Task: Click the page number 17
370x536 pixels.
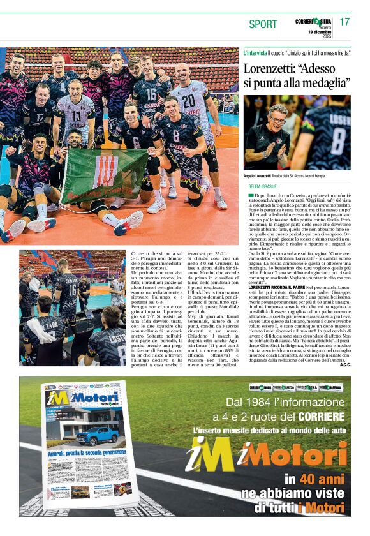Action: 344,22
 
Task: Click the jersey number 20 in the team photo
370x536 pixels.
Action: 188,100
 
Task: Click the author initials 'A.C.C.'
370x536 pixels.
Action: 344,364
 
